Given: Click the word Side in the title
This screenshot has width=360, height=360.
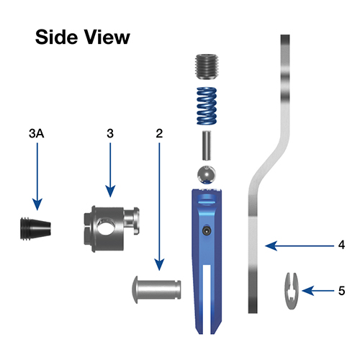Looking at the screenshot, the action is point(57,37).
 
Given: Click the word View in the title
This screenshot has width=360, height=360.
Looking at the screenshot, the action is point(107,37).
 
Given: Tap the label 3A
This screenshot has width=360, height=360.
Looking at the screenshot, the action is point(37,133).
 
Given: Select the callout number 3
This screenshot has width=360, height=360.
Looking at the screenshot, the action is point(110,133).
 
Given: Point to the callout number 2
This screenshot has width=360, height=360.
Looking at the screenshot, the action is point(159,133).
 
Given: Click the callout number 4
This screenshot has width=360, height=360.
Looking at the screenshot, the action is point(341,245).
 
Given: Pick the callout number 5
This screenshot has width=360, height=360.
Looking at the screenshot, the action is point(341,291).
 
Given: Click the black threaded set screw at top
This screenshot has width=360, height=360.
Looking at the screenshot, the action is point(207,66).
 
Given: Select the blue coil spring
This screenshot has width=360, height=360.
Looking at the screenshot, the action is point(207,106).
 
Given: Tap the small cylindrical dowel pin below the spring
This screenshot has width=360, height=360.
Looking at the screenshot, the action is point(207,145).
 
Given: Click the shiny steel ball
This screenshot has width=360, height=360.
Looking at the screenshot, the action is point(207,174).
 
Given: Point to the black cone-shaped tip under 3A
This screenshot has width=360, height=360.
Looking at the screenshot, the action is point(35,228).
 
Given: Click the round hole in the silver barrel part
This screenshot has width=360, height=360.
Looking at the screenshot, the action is point(104,227).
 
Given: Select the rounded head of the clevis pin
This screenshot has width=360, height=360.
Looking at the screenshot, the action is point(135,289).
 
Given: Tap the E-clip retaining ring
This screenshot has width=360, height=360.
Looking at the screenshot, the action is point(292,291).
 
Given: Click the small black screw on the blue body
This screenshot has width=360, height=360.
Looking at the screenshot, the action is point(207,231).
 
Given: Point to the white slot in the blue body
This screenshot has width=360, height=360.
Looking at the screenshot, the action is point(207,300).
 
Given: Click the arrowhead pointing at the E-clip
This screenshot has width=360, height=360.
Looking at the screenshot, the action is point(308,291).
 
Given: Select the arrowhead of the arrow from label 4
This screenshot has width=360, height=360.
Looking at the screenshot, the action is point(271,246).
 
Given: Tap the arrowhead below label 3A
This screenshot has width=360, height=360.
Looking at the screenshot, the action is point(37,204).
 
